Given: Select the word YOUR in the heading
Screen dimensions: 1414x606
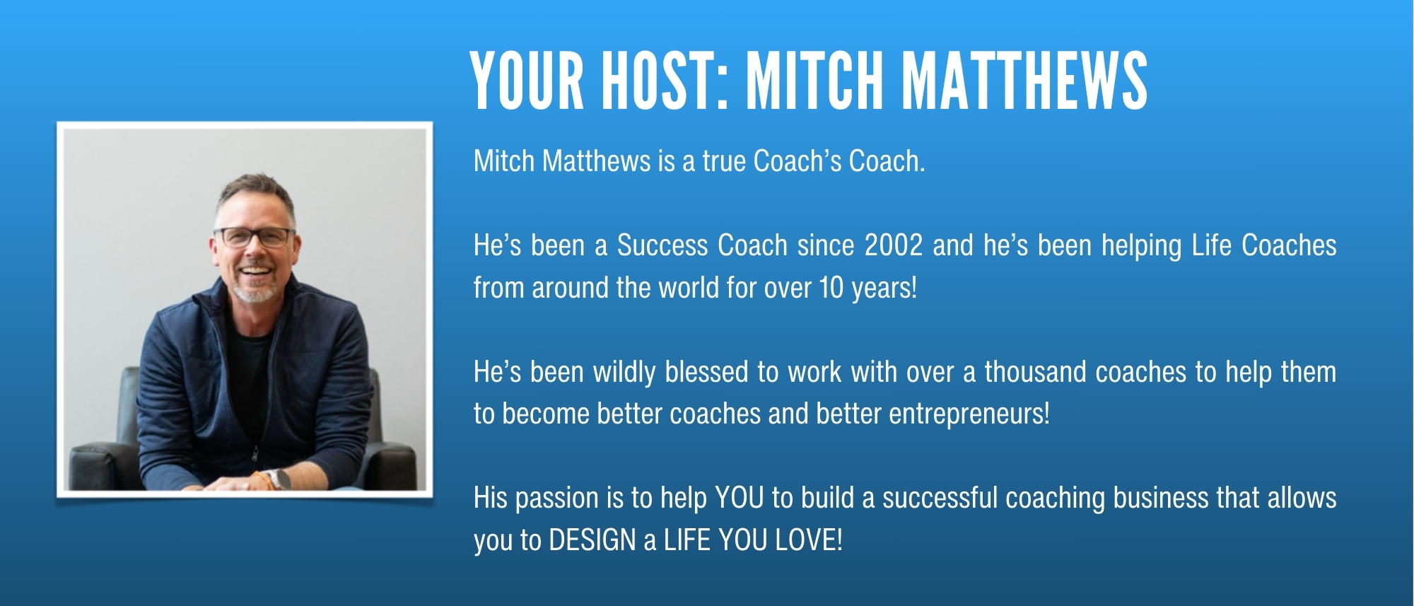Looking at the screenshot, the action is (x=527, y=81).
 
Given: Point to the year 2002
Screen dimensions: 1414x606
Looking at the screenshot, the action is (x=894, y=245).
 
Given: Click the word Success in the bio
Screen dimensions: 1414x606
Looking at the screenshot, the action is (x=662, y=245).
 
